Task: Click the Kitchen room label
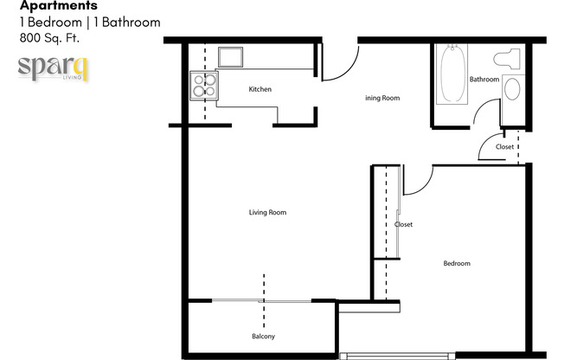pyautogui.click(x=260, y=89)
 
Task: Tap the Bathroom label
pyautogui.click(x=484, y=80)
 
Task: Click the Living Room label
pyautogui.click(x=267, y=212)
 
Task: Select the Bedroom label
pyautogui.click(x=457, y=263)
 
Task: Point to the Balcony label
pyautogui.click(x=263, y=336)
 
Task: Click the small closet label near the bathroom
pyautogui.click(x=504, y=147)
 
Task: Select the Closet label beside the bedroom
pyautogui.click(x=403, y=224)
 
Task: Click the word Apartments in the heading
pyautogui.click(x=47, y=6)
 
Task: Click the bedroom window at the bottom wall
pyautogui.click(x=395, y=355)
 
